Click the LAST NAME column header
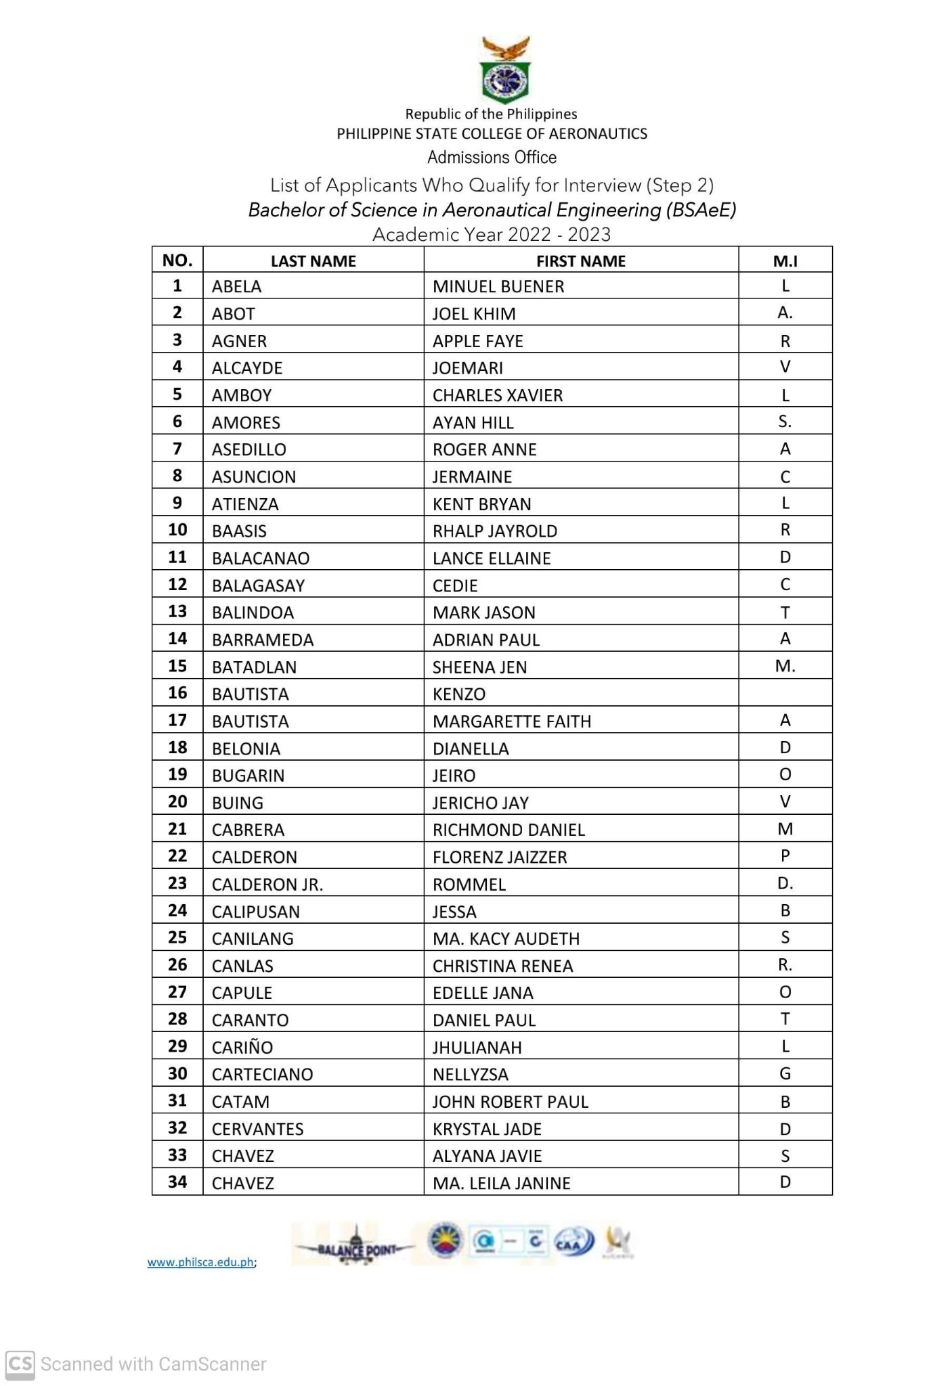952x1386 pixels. point(313,261)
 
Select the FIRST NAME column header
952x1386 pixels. point(580,261)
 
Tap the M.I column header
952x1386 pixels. point(785,261)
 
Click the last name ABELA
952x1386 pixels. point(236,287)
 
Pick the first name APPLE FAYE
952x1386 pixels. point(477,341)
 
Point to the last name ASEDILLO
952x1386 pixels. point(248,449)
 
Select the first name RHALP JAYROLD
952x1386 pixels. point(494,531)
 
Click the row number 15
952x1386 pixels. point(177,667)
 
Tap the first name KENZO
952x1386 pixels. point(458,694)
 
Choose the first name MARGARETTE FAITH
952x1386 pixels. point(511,721)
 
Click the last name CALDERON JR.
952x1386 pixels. point(267,885)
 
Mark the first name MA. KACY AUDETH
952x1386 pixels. point(506,939)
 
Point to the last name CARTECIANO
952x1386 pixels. point(262,1075)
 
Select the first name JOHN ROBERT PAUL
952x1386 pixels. point(510,1102)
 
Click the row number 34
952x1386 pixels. point(177,1182)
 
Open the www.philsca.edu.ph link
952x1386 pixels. point(200,1262)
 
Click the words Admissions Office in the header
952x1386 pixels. point(492,158)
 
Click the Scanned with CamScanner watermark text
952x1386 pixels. point(153,1364)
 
